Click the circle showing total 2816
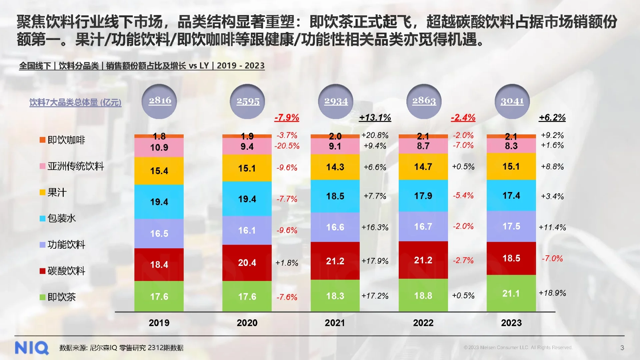[159, 101]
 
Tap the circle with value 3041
[512, 101]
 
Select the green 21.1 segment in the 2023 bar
[511, 293]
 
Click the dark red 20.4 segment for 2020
[247, 263]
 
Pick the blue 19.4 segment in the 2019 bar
[159, 202]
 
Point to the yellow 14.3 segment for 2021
[335, 167]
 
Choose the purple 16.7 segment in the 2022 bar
[423, 227]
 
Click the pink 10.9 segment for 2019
[159, 147]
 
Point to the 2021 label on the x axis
[335, 323]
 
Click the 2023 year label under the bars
[511, 323]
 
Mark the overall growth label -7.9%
[287, 117]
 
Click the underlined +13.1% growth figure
[375, 117]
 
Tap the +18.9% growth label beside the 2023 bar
[552, 293]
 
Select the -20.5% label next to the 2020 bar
[287, 146]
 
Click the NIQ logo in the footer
[32, 348]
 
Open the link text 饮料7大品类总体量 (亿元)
[75, 102]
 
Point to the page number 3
[622, 348]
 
